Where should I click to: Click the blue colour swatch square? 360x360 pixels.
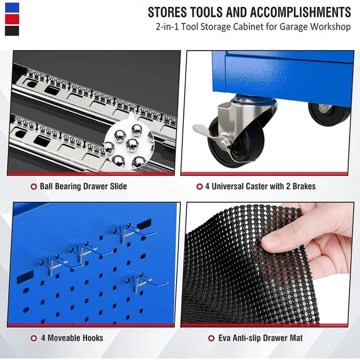12,8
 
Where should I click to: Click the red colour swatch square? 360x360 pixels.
12,20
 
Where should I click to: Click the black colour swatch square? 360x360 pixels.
12,31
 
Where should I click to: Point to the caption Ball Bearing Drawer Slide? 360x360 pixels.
83,186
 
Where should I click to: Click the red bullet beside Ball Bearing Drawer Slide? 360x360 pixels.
34,186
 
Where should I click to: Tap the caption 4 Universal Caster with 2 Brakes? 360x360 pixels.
261,186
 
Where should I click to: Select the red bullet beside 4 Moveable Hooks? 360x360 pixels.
34,338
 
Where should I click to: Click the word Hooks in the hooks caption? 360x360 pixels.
93,338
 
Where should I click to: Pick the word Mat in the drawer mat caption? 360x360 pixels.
296,338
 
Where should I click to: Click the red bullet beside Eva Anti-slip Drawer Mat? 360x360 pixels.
211,338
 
